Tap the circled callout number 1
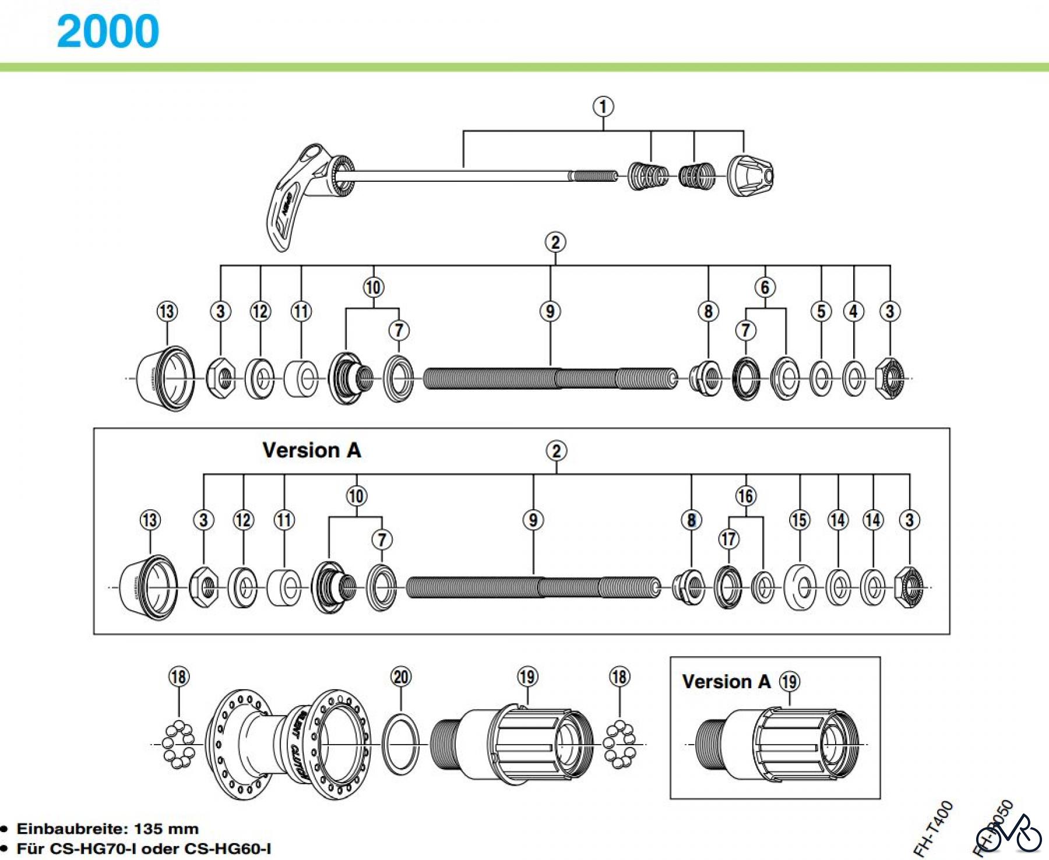pos(603,107)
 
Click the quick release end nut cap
pos(752,175)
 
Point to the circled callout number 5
pos(821,311)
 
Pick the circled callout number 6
pos(765,287)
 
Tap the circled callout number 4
pos(854,311)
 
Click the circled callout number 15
pos(800,520)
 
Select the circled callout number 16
pos(746,496)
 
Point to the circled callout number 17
pos(728,539)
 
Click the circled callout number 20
pos(401,676)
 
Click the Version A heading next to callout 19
pos(726,681)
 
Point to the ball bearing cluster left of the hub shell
pos(178,745)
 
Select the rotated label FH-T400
pos(932,828)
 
